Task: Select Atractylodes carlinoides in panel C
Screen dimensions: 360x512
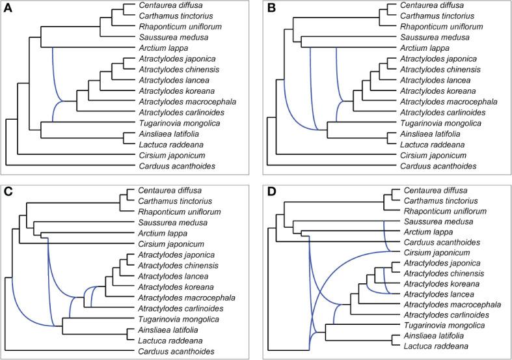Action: [x=182, y=308]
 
